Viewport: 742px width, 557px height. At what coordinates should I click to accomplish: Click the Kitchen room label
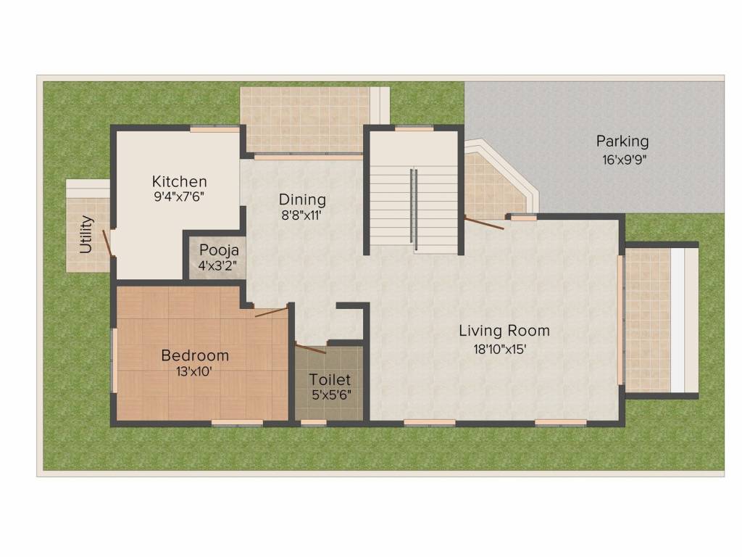[180, 181]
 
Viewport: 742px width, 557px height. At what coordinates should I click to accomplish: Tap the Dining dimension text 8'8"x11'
[301, 215]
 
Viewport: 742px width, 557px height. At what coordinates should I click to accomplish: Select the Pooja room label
[219, 250]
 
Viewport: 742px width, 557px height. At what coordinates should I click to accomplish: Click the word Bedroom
[195, 355]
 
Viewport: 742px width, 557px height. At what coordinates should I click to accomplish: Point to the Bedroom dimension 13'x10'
[194, 371]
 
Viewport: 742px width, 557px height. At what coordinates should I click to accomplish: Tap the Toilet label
[330, 379]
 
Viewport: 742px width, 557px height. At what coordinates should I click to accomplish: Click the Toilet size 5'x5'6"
[331, 395]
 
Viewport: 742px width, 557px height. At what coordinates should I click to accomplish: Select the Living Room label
[504, 331]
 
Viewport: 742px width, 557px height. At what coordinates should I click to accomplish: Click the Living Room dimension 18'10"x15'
[500, 349]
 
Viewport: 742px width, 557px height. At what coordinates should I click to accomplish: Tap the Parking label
[622, 141]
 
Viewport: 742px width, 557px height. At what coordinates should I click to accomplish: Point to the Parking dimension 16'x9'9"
[624, 160]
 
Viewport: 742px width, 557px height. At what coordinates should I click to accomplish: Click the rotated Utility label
[86, 234]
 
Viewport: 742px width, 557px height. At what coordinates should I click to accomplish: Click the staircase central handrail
[414, 209]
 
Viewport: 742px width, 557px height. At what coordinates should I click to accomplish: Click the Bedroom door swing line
[271, 312]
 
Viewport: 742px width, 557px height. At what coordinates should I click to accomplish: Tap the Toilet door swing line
[310, 347]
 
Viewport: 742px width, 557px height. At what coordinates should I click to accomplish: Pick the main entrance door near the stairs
[483, 223]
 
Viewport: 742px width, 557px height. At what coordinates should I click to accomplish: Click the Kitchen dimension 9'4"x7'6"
[179, 197]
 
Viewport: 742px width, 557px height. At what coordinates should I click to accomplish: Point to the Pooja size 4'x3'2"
[217, 265]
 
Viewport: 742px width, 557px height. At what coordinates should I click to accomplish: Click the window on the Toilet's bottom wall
[313, 422]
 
